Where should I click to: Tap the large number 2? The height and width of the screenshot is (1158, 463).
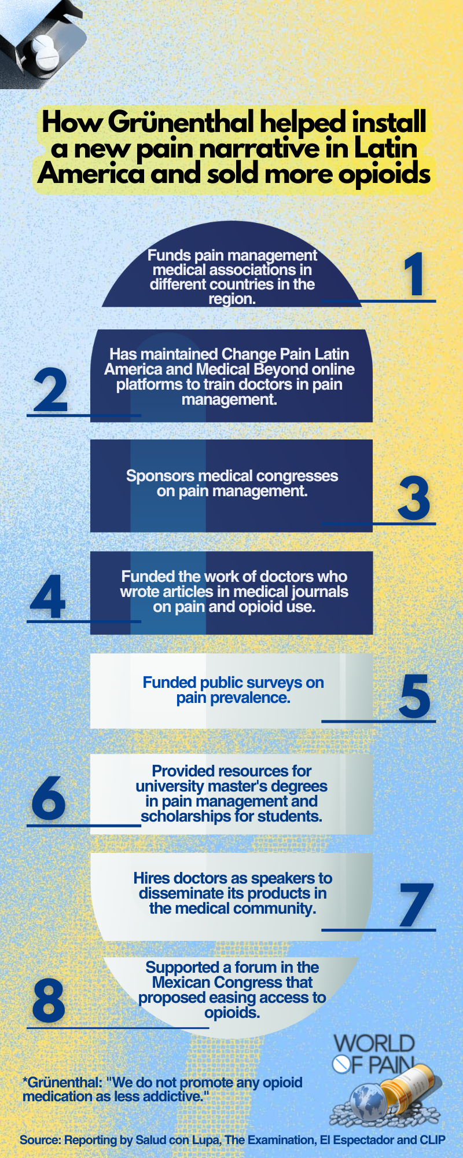point(51,390)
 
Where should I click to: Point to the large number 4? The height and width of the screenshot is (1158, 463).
point(47,596)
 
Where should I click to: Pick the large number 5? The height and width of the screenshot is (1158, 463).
point(415,696)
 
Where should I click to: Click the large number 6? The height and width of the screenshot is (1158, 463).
point(49,798)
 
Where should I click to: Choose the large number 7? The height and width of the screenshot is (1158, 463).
point(416,904)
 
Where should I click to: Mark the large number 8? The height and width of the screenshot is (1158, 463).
point(49,1001)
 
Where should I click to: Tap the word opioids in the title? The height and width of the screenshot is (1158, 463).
point(384,174)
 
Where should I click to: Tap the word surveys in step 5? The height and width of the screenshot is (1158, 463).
point(273,683)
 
